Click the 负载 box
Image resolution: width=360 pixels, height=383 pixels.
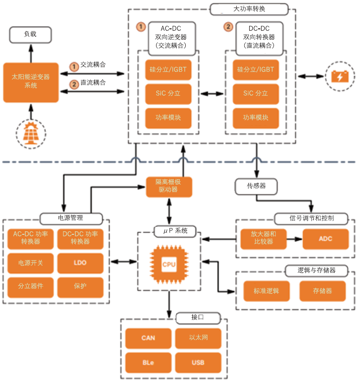31,34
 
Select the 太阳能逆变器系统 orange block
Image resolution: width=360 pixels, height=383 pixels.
31,82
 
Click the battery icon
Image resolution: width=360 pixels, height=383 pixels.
340,76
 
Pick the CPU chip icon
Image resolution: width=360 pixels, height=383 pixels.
169,265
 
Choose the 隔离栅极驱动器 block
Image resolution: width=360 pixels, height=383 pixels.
169,186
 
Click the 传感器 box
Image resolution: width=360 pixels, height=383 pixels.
256,186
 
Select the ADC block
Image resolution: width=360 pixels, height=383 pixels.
325,239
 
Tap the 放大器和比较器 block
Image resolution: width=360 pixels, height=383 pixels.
261,239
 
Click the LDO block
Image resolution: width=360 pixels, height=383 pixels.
80,263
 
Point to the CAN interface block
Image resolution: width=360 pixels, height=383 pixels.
148,338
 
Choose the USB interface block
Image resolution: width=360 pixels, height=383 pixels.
198,363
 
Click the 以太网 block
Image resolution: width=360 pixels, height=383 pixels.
198,338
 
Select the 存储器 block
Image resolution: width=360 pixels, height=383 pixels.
322,291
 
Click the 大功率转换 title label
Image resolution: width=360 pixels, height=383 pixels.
249,9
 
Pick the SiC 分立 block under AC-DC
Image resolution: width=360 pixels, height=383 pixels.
168,94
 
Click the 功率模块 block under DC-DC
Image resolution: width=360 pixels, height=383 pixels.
256,118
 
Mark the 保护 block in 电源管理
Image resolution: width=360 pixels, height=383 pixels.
80,287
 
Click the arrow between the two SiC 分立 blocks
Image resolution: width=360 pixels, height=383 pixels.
212,94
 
